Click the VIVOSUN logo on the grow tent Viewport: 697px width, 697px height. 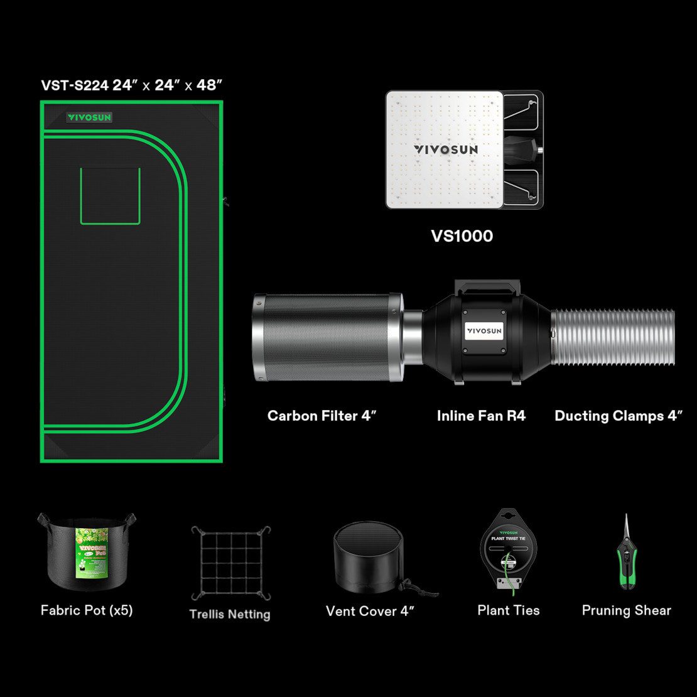pyautogui.click(x=89, y=117)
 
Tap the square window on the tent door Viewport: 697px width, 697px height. pyautogui.click(x=110, y=195)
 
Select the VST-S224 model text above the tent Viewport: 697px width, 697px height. pyautogui.click(x=75, y=85)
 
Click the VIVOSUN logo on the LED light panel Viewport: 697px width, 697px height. pyautogui.click(x=445, y=149)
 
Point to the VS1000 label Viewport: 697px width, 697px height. pyautogui.click(x=462, y=236)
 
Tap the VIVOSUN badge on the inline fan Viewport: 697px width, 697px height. pyautogui.click(x=485, y=331)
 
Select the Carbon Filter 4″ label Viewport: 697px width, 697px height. pyautogui.click(x=321, y=416)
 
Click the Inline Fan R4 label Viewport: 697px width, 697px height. pyautogui.click(x=481, y=416)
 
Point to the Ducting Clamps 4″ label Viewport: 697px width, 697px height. pyautogui.click(x=618, y=416)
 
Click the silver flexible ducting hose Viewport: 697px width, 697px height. pyautogui.click(x=613, y=337)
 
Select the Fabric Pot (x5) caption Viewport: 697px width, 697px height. pyautogui.click(x=87, y=610)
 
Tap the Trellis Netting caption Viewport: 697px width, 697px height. pyautogui.click(x=230, y=614)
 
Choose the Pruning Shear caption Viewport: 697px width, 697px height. pyautogui.click(x=626, y=610)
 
